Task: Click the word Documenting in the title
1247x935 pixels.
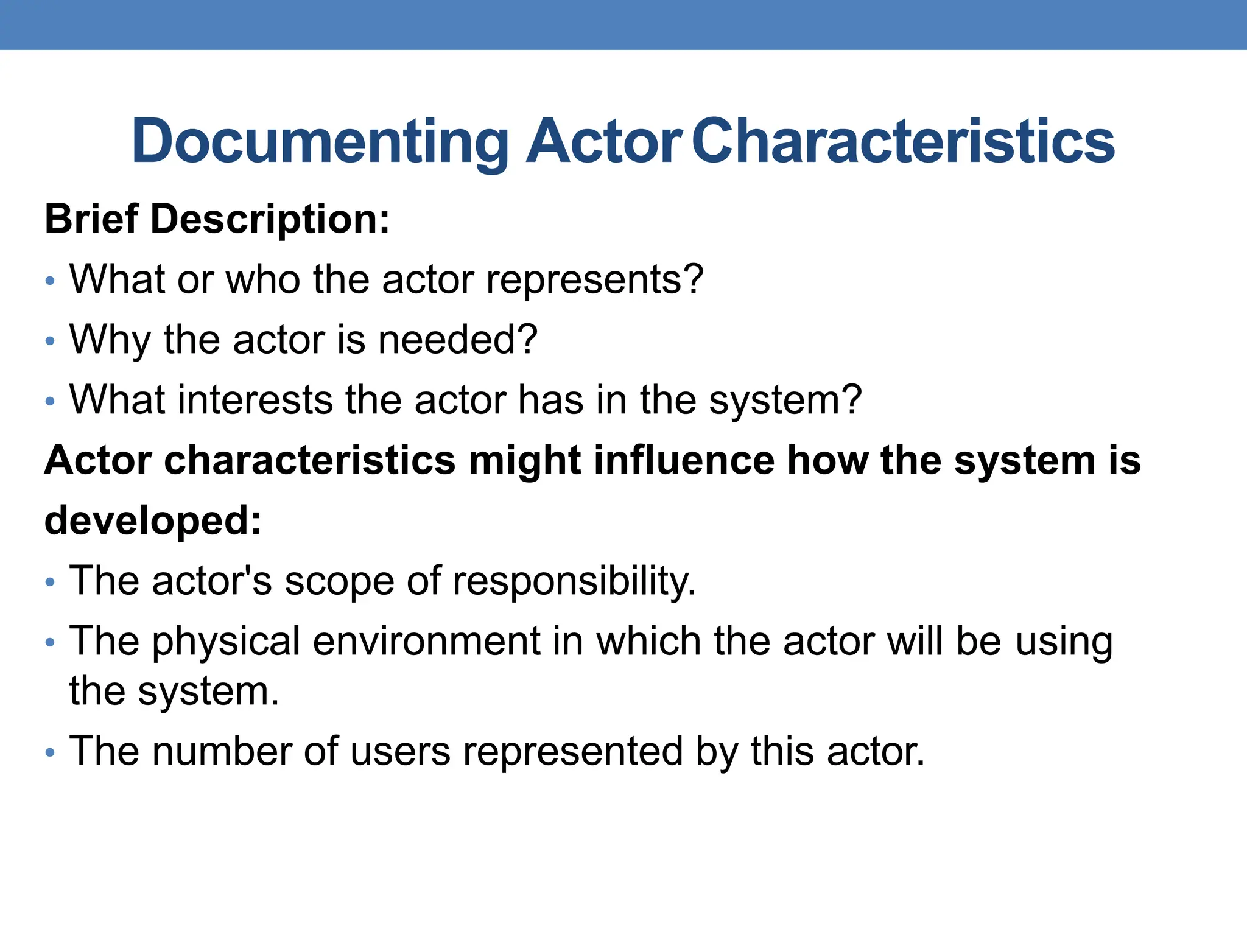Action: (320, 141)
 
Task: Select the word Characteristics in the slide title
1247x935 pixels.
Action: (903, 141)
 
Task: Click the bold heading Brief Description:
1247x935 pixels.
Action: (217, 219)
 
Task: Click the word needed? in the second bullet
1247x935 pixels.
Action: (458, 340)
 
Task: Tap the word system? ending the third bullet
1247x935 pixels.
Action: (785, 400)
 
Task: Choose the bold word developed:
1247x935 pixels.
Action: (153, 520)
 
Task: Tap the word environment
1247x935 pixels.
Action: (427, 642)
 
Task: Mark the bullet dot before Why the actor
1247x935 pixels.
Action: (50, 341)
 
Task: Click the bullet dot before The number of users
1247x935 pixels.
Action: (50, 753)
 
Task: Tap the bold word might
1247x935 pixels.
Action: (524, 460)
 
